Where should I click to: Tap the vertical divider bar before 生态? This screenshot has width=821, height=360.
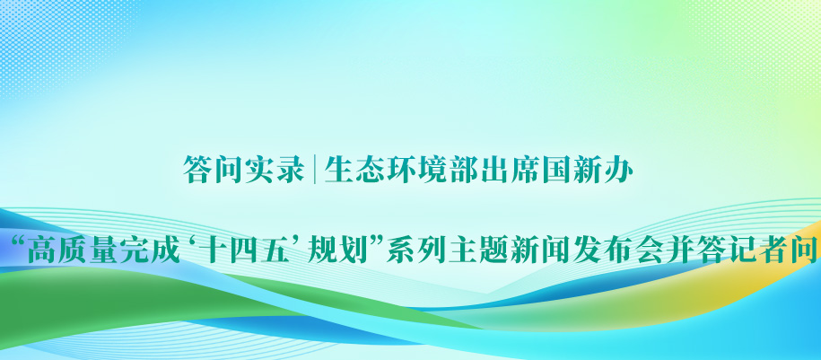314,170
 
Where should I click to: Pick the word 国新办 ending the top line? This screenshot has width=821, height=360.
588,170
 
